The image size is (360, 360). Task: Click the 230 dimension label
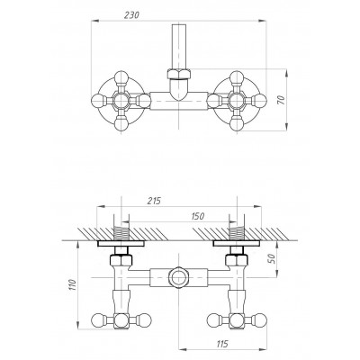[131, 14]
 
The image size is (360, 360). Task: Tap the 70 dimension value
[281, 100]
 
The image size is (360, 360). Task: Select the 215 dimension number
[154, 201]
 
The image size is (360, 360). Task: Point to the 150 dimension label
[197, 216]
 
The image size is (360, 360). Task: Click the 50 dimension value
[271, 258]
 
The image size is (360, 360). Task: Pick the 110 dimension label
[73, 285]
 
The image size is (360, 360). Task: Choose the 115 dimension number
[221, 343]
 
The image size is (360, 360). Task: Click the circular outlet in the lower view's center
[178, 277]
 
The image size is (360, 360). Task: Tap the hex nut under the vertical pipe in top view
[179, 74]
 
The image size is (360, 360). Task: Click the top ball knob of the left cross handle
[121, 77]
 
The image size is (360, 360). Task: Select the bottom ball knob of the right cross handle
[237, 123]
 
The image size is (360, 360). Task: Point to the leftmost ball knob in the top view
[98, 101]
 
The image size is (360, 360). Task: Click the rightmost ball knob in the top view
[259, 101]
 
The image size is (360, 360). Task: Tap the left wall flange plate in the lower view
[121, 243]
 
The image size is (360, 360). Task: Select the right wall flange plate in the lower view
[237, 243]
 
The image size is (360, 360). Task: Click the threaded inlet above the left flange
[121, 234]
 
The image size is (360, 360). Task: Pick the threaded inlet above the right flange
[237, 234]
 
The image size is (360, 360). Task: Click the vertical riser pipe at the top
[179, 47]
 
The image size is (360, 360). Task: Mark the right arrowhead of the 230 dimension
[263, 21]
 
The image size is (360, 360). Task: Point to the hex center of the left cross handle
[121, 101]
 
